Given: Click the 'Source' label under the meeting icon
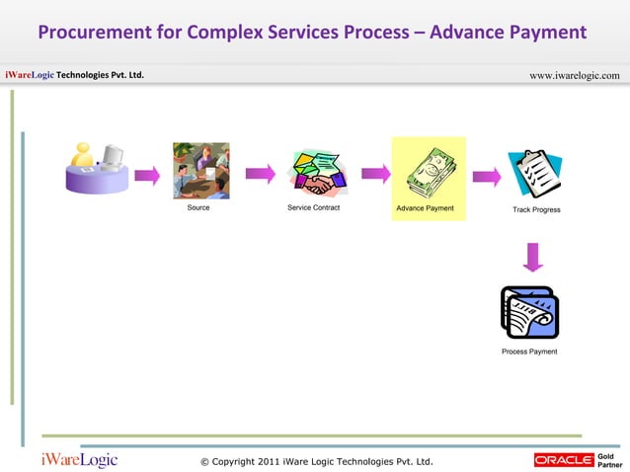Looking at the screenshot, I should [198, 208].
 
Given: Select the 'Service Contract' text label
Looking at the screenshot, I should [313, 208].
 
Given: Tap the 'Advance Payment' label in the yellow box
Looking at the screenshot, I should [425, 208].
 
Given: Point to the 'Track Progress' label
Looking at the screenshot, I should [536, 210].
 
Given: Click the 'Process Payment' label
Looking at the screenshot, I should [529, 352].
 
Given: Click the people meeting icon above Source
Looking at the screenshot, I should [200, 170].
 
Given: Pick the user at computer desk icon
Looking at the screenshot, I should [96, 168].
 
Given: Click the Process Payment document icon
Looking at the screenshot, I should [529, 312].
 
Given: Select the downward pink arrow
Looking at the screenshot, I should [533, 257].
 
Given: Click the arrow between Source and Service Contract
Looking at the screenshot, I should [260, 174].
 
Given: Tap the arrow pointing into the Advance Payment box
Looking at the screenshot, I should [375, 175].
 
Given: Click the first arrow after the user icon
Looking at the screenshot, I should [147, 176].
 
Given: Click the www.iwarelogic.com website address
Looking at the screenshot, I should [575, 76].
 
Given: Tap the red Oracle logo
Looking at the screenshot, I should [563, 459].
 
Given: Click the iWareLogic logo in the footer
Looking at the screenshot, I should [79, 459].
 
